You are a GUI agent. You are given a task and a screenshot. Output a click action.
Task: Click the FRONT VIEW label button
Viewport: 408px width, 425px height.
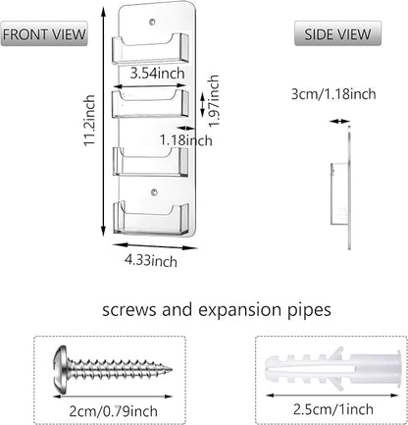[44, 33]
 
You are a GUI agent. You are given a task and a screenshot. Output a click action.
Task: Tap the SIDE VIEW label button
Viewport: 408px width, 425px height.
[337, 33]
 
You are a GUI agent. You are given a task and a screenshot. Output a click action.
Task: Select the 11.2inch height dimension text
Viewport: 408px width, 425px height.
[89, 121]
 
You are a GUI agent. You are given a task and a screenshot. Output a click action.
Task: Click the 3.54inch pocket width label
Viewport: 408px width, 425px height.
[157, 73]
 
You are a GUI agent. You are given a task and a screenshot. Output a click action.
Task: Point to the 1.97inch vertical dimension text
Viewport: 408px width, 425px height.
[214, 100]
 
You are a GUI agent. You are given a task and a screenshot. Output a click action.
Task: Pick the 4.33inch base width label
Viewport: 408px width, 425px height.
[151, 261]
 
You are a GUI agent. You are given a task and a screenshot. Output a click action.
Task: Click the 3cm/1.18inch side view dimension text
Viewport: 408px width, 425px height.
[333, 94]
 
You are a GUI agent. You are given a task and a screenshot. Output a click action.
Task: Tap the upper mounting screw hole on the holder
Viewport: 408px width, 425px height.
[152, 23]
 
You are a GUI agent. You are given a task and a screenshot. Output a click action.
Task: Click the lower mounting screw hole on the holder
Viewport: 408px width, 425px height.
[154, 192]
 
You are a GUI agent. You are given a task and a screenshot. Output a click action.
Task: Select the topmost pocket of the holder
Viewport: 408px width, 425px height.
[151, 48]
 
